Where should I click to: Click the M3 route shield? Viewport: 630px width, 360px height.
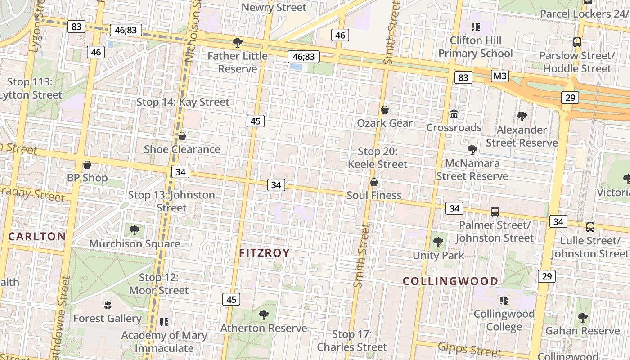pyautogui.click(x=500, y=76)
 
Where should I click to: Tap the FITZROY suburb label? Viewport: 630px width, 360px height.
pyautogui.click(x=264, y=253)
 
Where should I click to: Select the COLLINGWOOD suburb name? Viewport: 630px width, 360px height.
pyautogui.click(x=450, y=282)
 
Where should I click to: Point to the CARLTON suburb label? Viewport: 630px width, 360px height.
pyautogui.click(x=37, y=237)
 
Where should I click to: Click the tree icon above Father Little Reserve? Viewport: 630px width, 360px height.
pyautogui.click(x=238, y=43)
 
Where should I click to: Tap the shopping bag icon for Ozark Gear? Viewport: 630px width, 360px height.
pyautogui.click(x=385, y=110)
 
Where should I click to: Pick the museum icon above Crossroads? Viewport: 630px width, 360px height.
pyautogui.click(x=454, y=114)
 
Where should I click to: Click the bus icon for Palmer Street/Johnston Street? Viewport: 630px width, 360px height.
pyautogui.click(x=495, y=211)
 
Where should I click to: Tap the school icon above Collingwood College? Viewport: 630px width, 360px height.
pyautogui.click(x=504, y=300)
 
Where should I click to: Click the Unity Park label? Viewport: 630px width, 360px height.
pyautogui.click(x=438, y=256)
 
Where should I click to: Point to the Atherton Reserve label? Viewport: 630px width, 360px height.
pyautogui.click(x=264, y=328)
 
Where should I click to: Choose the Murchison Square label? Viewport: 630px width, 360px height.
pyautogui.click(x=135, y=244)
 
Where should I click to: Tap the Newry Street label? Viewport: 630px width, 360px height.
pyautogui.click(x=274, y=7)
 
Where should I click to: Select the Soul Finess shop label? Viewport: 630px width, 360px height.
pyautogui.click(x=374, y=195)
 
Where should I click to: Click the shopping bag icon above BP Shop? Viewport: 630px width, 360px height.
pyautogui.click(x=87, y=165)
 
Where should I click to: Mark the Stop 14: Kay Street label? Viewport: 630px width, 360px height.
pyautogui.click(x=183, y=102)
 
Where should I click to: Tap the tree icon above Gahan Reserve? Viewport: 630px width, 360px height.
pyautogui.click(x=583, y=318)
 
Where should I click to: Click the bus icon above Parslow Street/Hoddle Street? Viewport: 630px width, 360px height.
pyautogui.click(x=577, y=42)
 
